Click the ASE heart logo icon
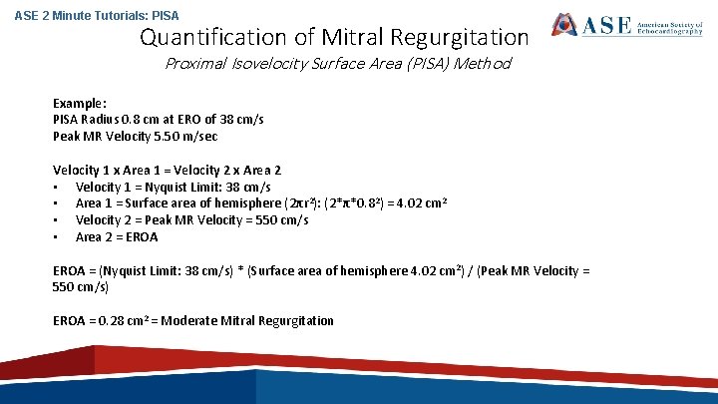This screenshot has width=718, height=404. (566, 24)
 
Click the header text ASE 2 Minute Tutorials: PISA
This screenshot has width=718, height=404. (83, 15)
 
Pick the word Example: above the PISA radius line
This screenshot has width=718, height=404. (80, 103)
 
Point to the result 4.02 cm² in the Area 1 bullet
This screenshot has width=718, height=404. (418, 203)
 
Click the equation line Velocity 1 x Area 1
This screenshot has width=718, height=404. (167, 171)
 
